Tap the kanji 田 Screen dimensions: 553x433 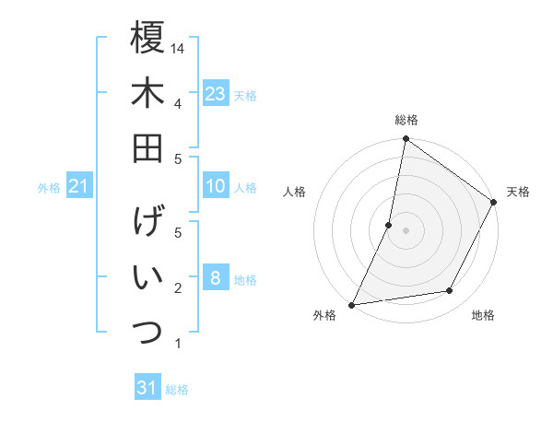pos(147,147)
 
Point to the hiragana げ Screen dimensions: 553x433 pos(147,223)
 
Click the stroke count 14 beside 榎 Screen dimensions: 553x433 pos(179,47)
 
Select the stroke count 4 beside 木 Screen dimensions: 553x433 pos(177,102)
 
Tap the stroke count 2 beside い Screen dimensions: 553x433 pos(177,288)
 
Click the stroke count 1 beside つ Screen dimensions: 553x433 pos(177,344)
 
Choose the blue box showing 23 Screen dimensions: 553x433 pos(215,94)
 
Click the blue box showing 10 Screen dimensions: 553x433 pos(215,187)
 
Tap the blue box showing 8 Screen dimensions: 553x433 pos(215,279)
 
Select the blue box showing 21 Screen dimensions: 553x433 pos(79,187)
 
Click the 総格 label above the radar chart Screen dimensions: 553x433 pos(406,120)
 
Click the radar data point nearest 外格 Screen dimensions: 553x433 pos(351,304)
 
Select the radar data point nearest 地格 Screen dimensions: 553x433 pos(450,291)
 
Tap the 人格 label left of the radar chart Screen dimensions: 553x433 pos(295,192)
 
